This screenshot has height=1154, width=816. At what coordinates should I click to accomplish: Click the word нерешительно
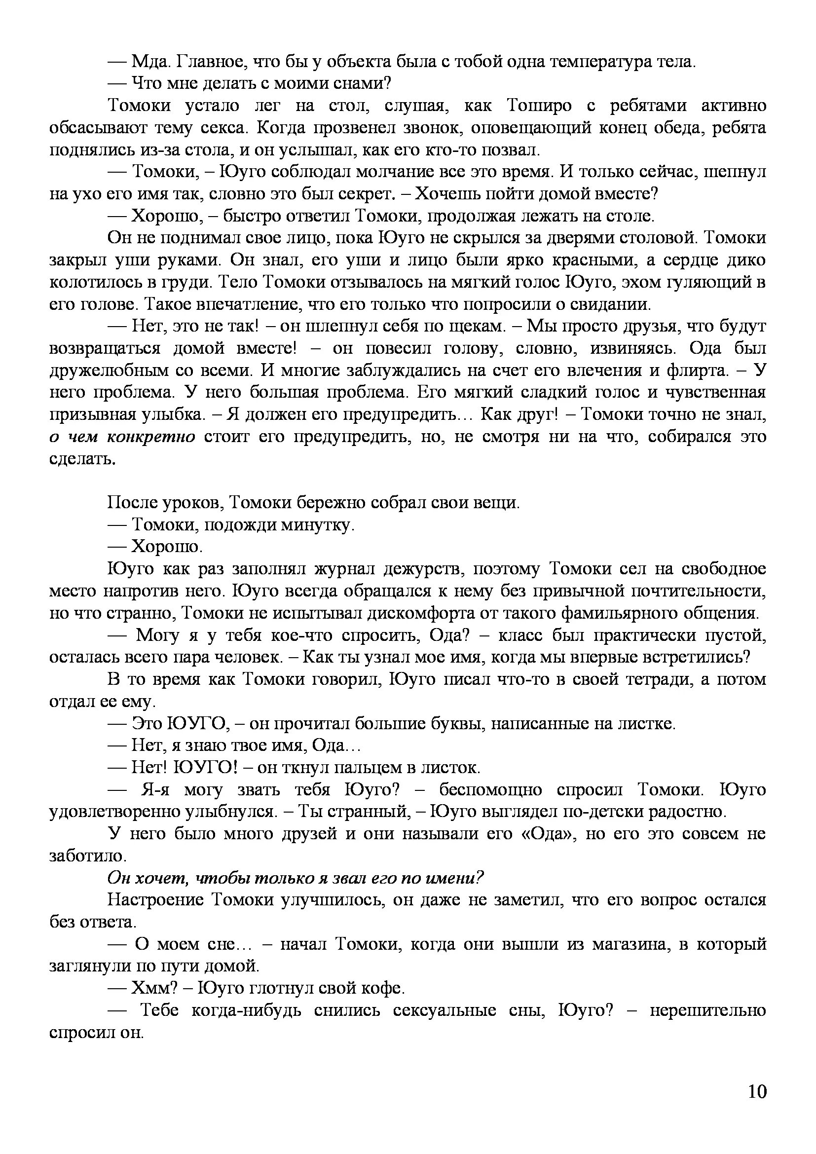click(x=707, y=1010)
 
